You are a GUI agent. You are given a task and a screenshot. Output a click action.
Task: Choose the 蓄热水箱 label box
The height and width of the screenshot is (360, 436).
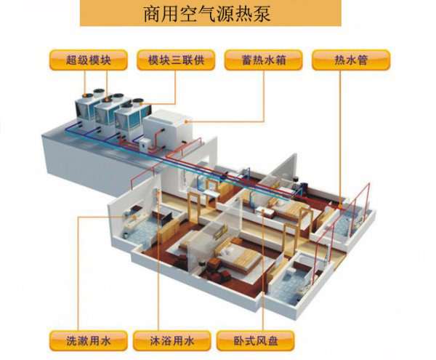[x=263, y=60]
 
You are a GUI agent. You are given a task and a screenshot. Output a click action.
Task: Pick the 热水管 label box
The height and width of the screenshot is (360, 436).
[x=352, y=60]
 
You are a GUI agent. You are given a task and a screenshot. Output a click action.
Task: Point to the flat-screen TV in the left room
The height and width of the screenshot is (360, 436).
[x=166, y=216]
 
